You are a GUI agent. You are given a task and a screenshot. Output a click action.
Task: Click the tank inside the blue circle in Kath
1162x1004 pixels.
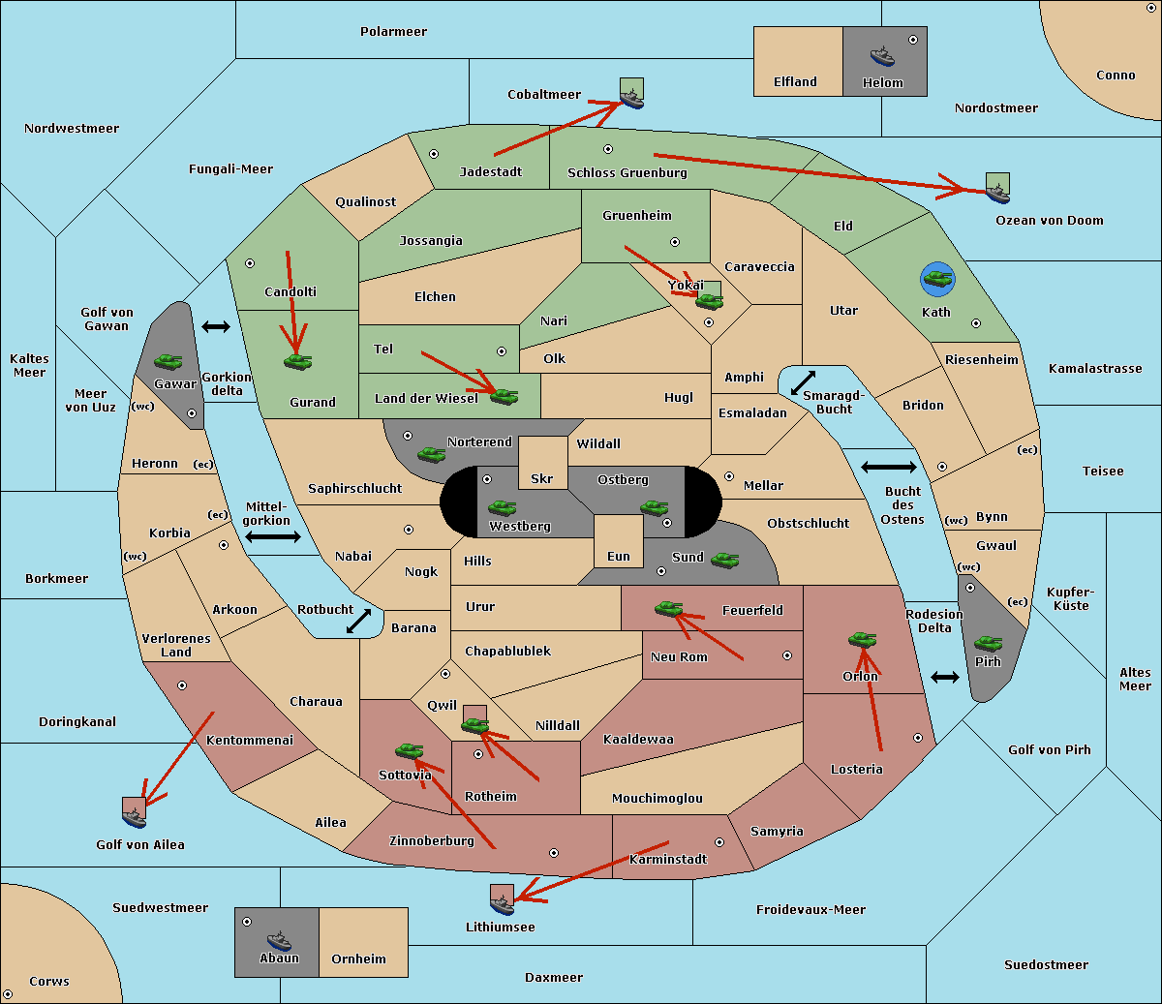pos(938,278)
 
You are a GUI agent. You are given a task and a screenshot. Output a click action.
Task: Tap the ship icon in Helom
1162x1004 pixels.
pos(882,56)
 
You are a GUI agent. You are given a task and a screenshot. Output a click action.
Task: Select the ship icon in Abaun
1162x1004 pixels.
pos(280,941)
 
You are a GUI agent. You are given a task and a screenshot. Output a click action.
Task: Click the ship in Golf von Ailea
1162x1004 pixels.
pos(135,817)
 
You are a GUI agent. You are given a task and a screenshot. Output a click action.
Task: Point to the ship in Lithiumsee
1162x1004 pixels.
pos(502,904)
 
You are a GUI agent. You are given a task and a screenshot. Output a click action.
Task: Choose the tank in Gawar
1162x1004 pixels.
pos(168,361)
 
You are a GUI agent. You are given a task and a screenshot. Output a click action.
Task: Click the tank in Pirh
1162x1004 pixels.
pos(989,643)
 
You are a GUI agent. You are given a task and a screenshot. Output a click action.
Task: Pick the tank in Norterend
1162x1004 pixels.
pos(431,454)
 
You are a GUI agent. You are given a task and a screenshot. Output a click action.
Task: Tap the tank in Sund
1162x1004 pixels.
pos(724,561)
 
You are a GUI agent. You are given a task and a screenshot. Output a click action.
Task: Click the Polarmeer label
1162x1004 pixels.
pos(393,32)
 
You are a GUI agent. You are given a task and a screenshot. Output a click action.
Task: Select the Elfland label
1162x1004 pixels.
pos(795,82)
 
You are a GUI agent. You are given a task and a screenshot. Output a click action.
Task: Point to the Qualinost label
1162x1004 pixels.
pos(365,201)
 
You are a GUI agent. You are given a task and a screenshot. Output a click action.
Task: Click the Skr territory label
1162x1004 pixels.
pos(542,479)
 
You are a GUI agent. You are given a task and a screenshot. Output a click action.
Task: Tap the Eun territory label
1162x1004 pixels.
pos(619,557)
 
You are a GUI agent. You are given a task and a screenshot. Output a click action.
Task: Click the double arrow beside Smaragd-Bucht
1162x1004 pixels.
pos(803,382)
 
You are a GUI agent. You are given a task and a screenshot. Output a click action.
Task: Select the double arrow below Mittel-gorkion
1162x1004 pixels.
pos(273,536)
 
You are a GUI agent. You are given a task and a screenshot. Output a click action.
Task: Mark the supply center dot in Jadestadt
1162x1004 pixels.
pos(434,154)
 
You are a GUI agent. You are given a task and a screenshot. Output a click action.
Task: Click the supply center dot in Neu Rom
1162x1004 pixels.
pos(787,655)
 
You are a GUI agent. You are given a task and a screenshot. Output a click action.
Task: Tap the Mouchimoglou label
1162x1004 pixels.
pos(657,798)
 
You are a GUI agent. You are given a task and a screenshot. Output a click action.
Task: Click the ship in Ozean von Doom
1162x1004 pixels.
pos(997,194)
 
